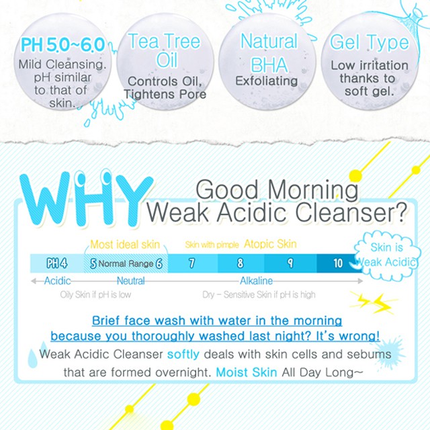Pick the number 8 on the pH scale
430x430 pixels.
pos(240,263)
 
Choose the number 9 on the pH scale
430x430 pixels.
pos(290,263)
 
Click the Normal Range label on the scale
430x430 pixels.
pos(126,264)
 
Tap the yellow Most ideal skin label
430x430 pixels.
pos(125,245)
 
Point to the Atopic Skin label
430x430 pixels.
pos(270,244)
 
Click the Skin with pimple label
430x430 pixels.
pos(212,245)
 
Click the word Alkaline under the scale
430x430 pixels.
pos(256,281)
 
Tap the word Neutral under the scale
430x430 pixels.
pos(131,281)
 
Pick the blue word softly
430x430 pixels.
pos(183,353)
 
